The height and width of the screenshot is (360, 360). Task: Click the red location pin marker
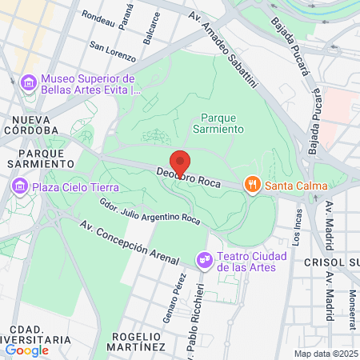click(x=180, y=162)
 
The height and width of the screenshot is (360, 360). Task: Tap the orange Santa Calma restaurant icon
click(x=253, y=186)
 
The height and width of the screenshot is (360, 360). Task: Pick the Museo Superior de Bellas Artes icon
click(x=29, y=82)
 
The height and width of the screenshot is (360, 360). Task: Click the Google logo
click(x=27, y=350)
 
